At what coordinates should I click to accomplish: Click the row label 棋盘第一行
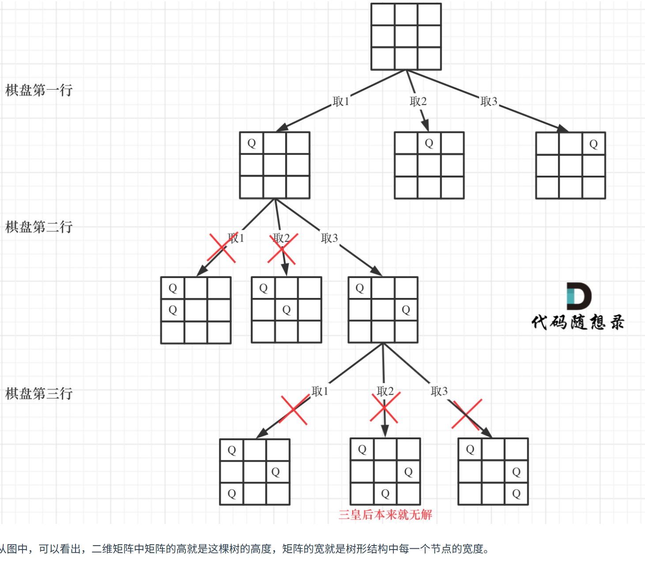point(39,90)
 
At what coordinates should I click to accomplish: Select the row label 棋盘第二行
point(39,227)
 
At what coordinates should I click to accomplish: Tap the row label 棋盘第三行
point(39,393)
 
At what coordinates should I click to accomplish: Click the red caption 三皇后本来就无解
point(385,515)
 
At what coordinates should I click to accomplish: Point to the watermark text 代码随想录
point(578,322)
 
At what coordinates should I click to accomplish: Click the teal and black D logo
point(579,296)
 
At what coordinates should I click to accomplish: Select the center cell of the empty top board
point(406,37)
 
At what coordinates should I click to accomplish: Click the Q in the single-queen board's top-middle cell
point(429,143)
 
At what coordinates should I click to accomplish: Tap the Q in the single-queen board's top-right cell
point(594,144)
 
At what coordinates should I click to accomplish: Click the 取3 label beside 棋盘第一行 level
point(489,102)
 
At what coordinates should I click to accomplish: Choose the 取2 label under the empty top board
point(418,102)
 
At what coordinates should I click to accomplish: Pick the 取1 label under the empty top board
point(341,102)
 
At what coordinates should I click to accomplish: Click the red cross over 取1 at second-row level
point(223,248)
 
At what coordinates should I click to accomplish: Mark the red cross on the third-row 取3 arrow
point(467,414)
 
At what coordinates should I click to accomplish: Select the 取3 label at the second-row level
point(329,238)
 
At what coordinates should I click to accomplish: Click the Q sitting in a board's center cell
point(287,310)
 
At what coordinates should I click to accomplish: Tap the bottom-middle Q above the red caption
point(385,493)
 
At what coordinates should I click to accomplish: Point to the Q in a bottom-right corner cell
point(516,493)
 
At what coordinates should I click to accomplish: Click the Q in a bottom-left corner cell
point(232,493)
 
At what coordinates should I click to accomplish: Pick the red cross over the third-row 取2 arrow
point(385,408)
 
